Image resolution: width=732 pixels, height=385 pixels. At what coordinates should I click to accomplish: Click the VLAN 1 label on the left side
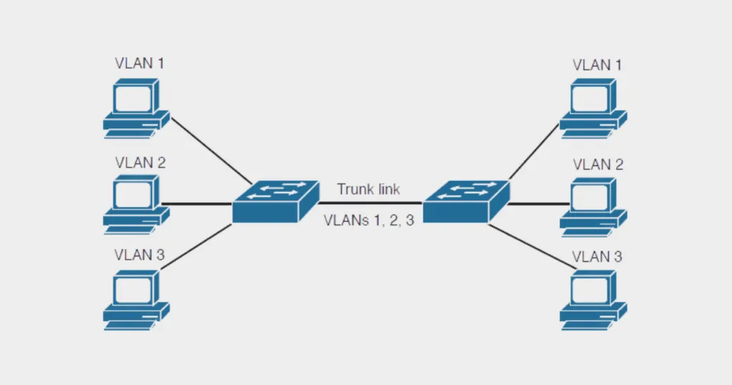139,63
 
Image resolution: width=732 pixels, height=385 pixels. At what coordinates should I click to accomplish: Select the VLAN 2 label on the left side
139,163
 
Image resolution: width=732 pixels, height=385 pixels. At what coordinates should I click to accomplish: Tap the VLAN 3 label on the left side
139,255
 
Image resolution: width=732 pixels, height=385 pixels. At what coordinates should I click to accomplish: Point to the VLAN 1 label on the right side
597,64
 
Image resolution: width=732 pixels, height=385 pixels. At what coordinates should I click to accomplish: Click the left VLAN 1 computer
135,107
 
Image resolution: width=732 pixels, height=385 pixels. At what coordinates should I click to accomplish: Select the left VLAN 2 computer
135,204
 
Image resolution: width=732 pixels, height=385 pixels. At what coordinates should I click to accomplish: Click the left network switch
274,201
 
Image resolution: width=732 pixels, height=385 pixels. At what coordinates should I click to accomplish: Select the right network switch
465,201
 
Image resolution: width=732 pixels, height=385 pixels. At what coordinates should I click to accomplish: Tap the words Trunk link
368,190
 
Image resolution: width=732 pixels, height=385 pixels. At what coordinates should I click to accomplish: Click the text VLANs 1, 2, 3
368,220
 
